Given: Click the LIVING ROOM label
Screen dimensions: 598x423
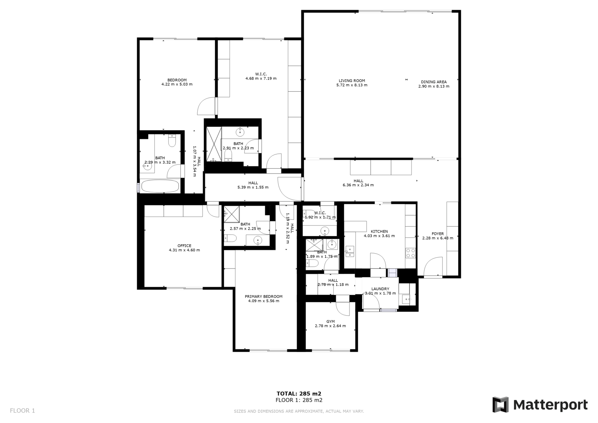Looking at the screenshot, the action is pyautogui.click(x=352, y=81).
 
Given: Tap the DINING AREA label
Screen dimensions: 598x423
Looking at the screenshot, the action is pyautogui.click(x=434, y=82).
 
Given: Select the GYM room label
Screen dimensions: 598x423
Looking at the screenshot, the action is pyautogui.click(x=330, y=322).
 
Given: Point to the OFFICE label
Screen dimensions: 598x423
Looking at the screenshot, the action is pyautogui.click(x=184, y=246).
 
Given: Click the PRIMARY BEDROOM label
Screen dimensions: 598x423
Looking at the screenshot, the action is pyautogui.click(x=263, y=296).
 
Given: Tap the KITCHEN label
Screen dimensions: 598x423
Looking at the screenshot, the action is pyautogui.click(x=379, y=232).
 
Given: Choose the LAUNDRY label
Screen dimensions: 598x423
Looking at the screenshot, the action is pyautogui.click(x=380, y=289).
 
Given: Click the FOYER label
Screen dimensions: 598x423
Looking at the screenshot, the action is pyautogui.click(x=438, y=233).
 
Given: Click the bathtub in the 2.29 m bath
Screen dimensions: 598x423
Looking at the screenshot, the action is pyautogui.click(x=160, y=186).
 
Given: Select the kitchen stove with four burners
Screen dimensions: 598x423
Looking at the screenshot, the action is pyautogui.click(x=411, y=253).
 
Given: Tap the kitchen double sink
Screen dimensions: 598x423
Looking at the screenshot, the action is pyautogui.click(x=349, y=251).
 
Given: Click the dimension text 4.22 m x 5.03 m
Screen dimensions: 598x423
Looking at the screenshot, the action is pyautogui.click(x=177, y=84).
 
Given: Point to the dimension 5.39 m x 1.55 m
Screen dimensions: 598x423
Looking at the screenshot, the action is pyautogui.click(x=253, y=187).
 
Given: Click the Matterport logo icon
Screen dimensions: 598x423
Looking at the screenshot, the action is pyautogui.click(x=500, y=405).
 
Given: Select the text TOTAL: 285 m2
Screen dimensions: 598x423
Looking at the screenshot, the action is pyautogui.click(x=299, y=393).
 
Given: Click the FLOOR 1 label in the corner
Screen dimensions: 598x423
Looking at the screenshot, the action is pyautogui.click(x=22, y=410).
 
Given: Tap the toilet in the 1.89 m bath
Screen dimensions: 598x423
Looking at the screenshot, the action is pyautogui.click(x=312, y=263).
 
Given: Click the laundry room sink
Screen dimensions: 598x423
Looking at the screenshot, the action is pyautogui.click(x=406, y=299).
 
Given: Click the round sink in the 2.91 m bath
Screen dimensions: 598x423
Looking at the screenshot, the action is pyautogui.click(x=240, y=132).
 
